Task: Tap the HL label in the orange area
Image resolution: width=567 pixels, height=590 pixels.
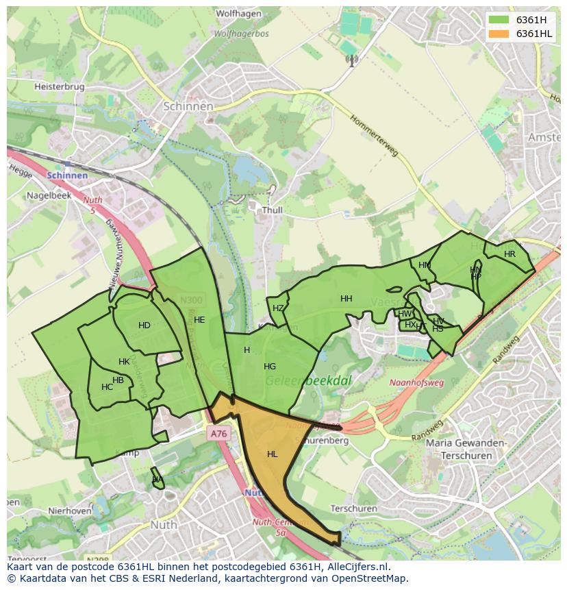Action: click(x=273, y=454)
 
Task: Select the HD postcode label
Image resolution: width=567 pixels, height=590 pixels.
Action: click(x=144, y=325)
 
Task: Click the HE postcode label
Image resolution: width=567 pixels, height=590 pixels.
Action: click(x=199, y=320)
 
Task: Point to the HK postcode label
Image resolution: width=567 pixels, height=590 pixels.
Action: click(x=124, y=362)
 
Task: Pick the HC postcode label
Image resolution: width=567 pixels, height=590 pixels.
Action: click(x=107, y=387)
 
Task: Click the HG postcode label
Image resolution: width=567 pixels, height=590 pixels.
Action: click(x=270, y=367)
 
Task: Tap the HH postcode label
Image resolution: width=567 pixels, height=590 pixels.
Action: click(x=346, y=299)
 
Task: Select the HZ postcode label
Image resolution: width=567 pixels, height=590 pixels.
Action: click(x=278, y=308)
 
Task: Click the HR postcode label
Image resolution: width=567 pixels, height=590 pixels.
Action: click(x=509, y=254)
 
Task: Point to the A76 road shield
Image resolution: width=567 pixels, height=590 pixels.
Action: click(x=218, y=434)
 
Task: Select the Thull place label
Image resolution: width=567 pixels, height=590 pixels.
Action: click(x=272, y=211)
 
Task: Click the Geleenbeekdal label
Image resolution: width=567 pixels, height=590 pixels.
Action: click(x=299, y=381)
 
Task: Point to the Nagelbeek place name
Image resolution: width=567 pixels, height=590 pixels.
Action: click(x=49, y=195)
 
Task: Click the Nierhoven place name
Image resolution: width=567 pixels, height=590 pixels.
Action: click(x=70, y=511)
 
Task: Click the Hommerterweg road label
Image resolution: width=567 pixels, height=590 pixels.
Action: click(x=374, y=136)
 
